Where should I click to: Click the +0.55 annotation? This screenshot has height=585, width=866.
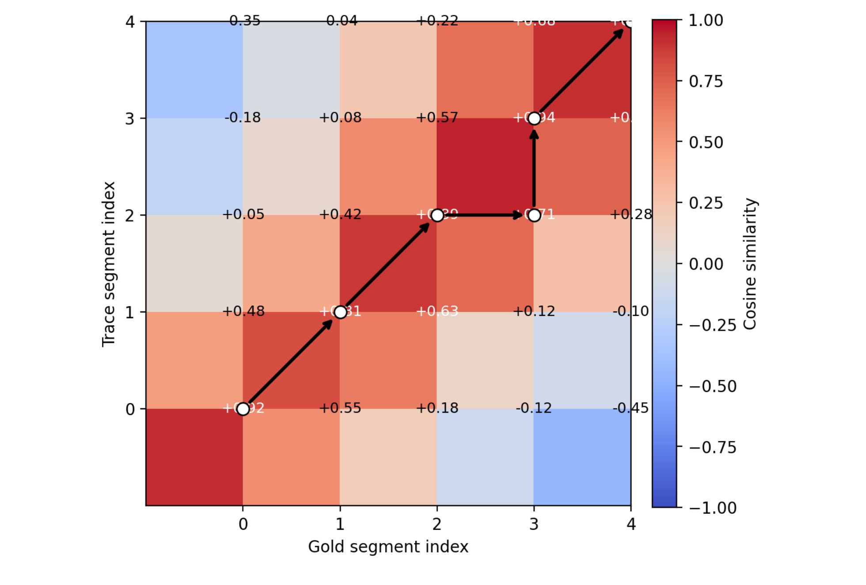(x=340, y=408)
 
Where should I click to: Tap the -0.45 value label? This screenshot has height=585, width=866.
(x=631, y=408)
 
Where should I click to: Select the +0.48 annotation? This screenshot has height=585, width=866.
(x=243, y=311)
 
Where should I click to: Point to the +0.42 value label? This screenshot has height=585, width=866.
(x=340, y=214)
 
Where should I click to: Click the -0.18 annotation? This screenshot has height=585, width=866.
(x=243, y=118)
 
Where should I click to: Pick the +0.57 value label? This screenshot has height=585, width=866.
(x=437, y=118)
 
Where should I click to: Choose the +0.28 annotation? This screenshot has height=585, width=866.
(x=631, y=214)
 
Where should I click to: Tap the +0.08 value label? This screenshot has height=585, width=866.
(x=340, y=118)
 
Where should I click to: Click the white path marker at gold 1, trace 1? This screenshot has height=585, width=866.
(x=340, y=312)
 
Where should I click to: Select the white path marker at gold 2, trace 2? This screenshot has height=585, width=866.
(x=437, y=215)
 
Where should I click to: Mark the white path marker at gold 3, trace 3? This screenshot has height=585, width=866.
(x=534, y=118)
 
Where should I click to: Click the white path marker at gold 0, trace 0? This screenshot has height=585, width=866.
(x=243, y=409)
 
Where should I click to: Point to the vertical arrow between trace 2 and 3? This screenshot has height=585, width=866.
(x=534, y=168)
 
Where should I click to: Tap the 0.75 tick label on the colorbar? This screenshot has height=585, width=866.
(x=706, y=81)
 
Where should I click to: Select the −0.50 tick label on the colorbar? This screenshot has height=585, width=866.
(x=713, y=386)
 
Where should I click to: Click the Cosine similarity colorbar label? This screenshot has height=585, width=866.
(x=750, y=264)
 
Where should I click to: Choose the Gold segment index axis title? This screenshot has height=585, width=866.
(x=388, y=547)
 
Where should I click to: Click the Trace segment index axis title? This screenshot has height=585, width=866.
(x=109, y=264)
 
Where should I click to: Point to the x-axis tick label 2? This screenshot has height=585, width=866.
(x=437, y=524)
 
